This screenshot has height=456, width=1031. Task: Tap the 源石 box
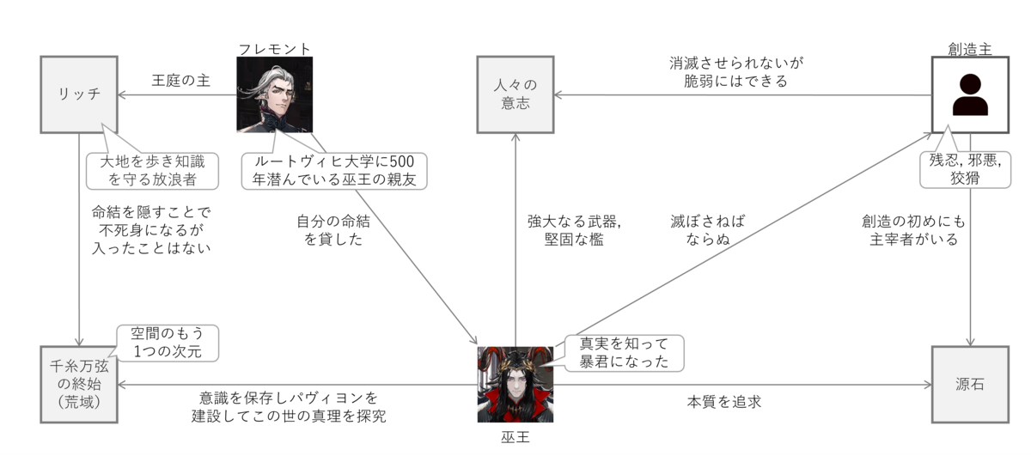click(x=969, y=384)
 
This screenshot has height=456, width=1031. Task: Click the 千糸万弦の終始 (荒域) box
click(x=78, y=384)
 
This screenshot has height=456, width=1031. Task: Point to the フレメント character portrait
click(x=274, y=94)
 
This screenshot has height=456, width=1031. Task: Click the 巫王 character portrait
click(x=515, y=384)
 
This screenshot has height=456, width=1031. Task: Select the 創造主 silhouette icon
click(x=969, y=94)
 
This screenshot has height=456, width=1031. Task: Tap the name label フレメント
click(x=274, y=48)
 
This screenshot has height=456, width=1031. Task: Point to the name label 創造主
click(x=969, y=49)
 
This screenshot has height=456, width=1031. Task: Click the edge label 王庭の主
click(x=181, y=81)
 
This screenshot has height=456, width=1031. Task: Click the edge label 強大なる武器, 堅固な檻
click(x=574, y=229)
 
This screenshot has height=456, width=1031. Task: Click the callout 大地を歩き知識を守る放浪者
click(x=151, y=170)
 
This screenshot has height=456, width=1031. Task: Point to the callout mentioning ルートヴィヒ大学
click(x=334, y=170)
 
